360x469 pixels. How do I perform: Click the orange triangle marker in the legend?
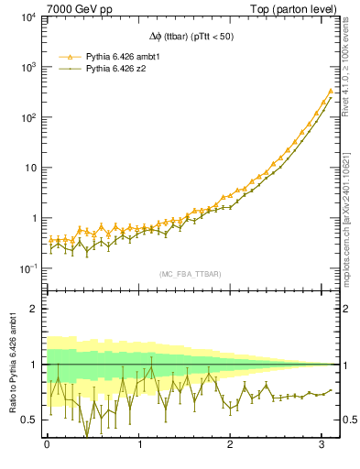point(67,55)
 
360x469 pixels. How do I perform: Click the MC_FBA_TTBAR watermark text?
point(188,273)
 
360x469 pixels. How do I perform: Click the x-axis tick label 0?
point(47,446)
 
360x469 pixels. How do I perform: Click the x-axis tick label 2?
point(231,446)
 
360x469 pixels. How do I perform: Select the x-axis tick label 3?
point(322,446)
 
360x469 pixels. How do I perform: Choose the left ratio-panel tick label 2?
point(35,309)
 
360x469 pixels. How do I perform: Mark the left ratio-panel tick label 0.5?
point(29,420)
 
